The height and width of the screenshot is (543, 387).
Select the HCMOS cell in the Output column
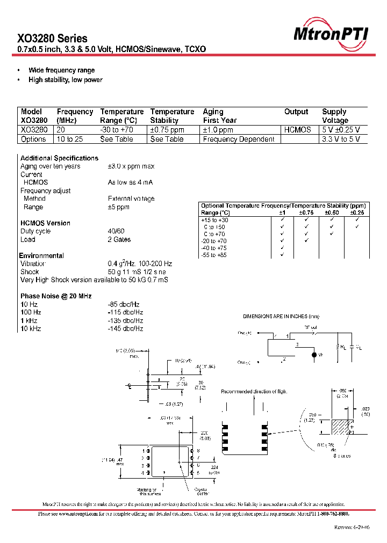tap(297, 130)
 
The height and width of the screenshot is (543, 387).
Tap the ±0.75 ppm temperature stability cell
tap(167, 130)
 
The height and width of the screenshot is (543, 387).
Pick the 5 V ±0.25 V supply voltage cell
tap(341, 130)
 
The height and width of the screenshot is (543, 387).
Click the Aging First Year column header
tap(220, 116)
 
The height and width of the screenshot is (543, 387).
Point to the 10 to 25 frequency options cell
tap(69, 139)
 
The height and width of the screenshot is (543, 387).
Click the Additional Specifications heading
tap(59, 158)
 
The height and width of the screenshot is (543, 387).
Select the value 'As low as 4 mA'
tap(130, 182)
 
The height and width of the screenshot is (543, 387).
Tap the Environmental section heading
tap(41, 255)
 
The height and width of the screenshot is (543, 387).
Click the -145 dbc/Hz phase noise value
tap(125, 328)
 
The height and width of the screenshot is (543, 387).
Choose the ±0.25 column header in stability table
tap(357, 212)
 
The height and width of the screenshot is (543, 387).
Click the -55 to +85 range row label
tap(214, 255)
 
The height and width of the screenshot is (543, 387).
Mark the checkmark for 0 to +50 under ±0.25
tap(357, 227)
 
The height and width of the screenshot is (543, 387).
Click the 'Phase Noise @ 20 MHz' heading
tap(56, 296)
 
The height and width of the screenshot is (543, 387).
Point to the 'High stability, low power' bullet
tap(66, 80)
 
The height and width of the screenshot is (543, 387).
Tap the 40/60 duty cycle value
tap(116, 231)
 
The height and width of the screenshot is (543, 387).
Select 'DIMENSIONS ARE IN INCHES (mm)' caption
tap(281, 317)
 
